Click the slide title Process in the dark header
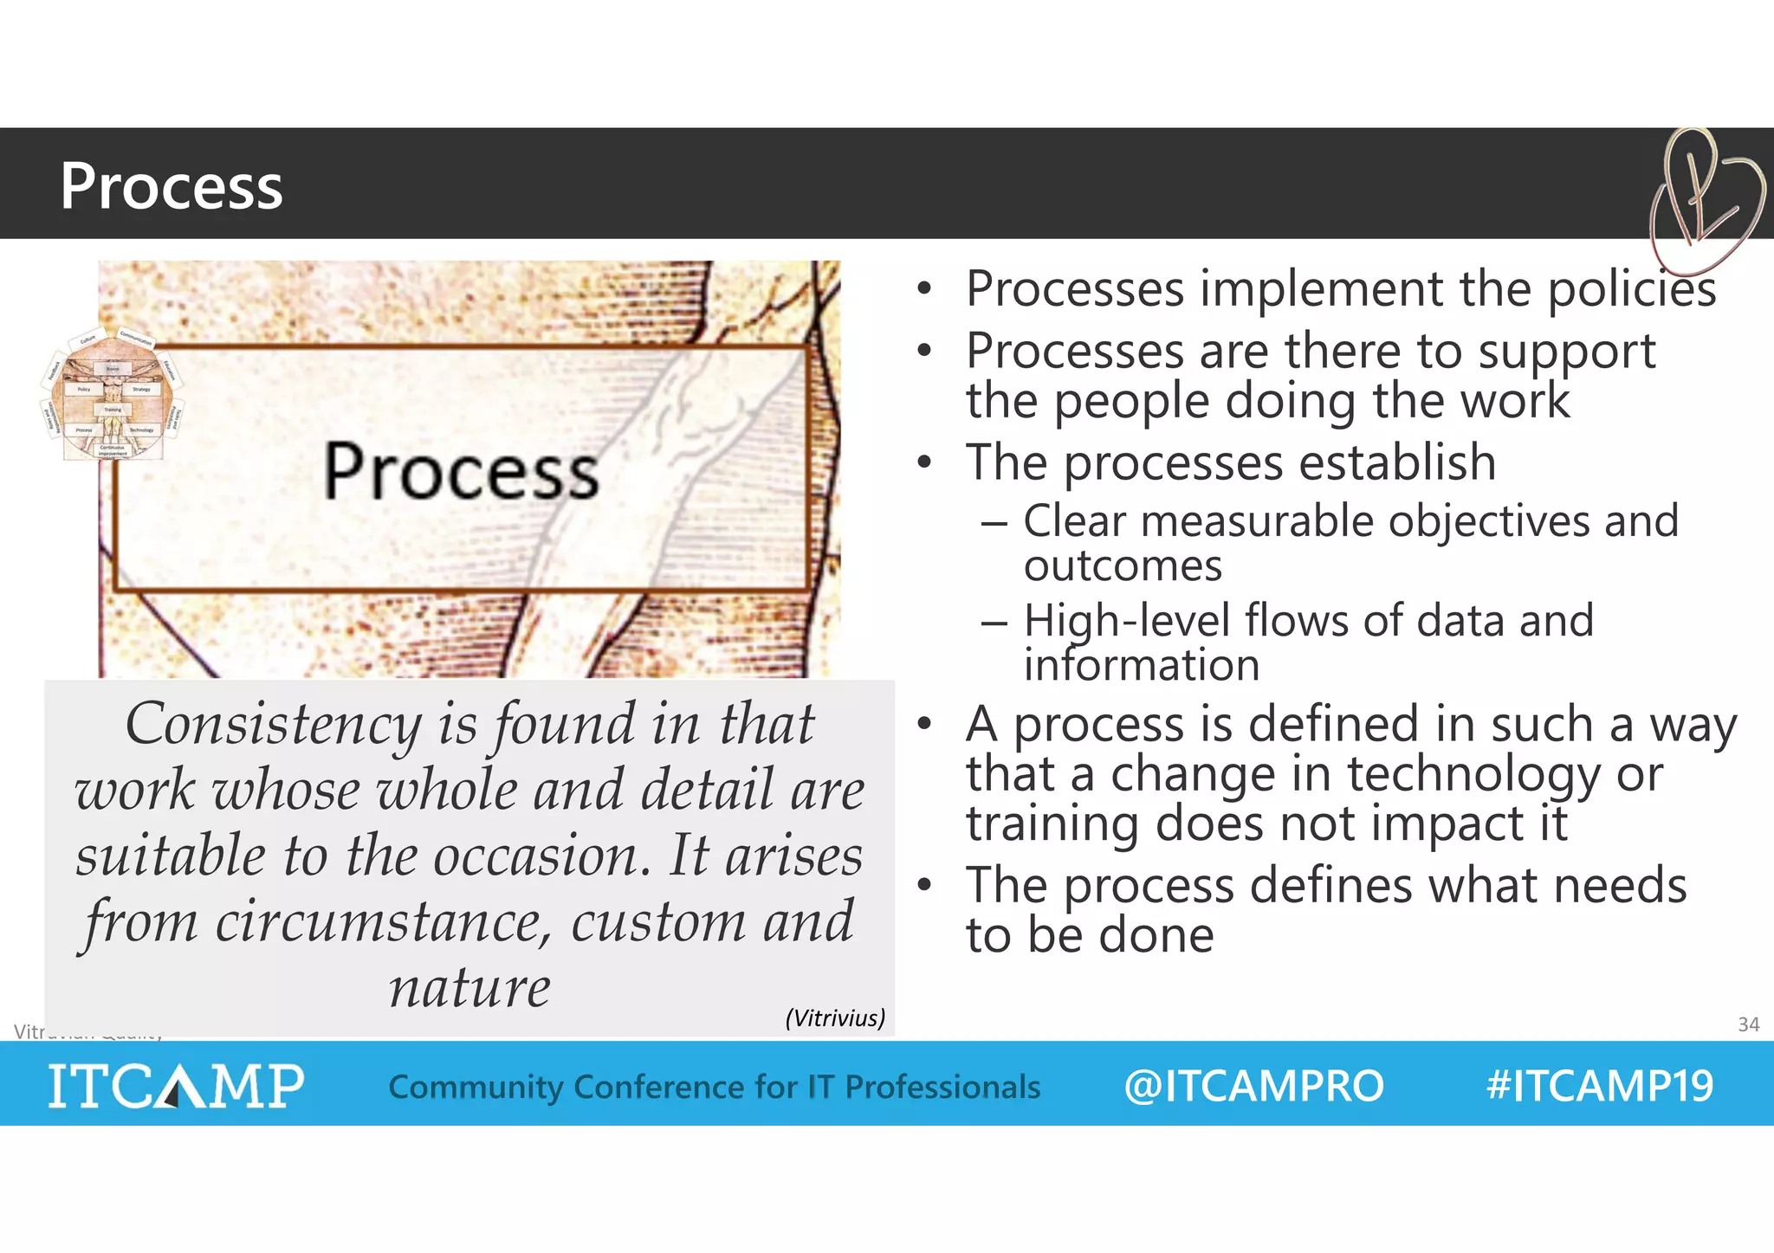(171, 186)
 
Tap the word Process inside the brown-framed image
(460, 471)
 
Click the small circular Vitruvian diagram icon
(113, 395)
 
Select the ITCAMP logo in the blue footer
(176, 1085)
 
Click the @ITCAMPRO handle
(1253, 1086)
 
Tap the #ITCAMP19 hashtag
(1599, 1085)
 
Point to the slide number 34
(1748, 1024)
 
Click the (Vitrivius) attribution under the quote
(835, 1017)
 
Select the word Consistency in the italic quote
(273, 725)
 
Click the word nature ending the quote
(469, 988)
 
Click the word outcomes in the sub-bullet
(1123, 566)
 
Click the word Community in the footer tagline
(476, 1087)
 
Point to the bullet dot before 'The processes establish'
(924, 462)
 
